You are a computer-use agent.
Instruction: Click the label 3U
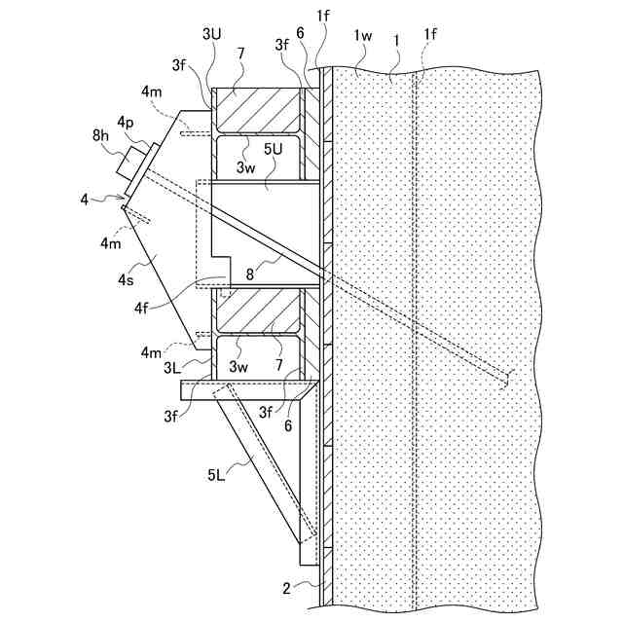(212, 34)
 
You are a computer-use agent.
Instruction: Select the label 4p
(126, 123)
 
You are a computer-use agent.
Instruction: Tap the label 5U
(275, 150)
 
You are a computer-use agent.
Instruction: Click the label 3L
(171, 368)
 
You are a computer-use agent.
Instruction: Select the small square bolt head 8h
(128, 165)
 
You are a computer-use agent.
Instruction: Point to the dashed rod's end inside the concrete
(505, 378)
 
